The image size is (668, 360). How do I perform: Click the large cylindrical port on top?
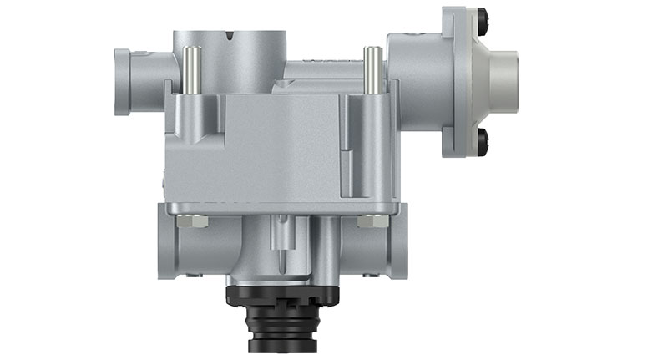pos(229,55)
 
